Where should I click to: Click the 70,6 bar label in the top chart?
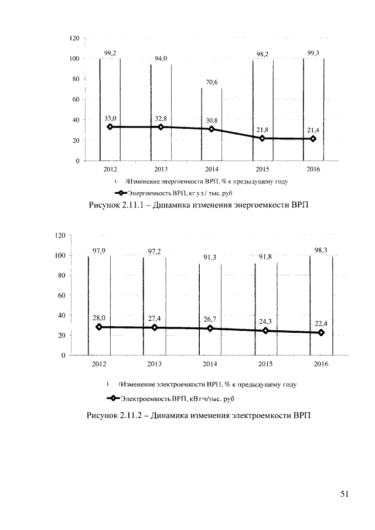212,82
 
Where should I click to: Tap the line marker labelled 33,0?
110,126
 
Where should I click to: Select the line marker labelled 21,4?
313,139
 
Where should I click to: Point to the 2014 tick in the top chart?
212,169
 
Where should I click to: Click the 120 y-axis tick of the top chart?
74,38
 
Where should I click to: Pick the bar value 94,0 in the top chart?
161,59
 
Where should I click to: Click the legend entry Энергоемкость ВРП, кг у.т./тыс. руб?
173,193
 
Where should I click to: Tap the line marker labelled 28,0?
99,327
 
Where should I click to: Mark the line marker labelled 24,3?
265,330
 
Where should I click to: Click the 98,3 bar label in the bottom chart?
321,250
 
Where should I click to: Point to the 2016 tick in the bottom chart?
321,364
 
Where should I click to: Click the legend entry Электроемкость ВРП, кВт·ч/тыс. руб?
171,398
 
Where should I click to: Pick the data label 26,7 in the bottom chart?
210,319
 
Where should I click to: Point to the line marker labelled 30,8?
212,129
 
